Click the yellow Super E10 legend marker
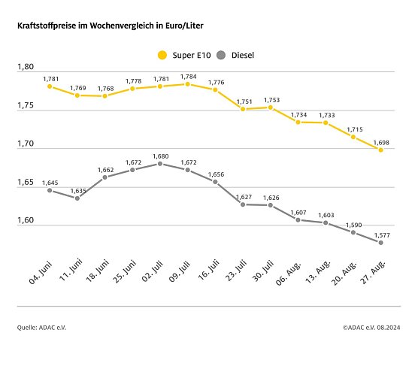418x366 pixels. [x=161, y=54]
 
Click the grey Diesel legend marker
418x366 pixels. [x=221, y=54]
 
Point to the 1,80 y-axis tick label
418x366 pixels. [x=26, y=67]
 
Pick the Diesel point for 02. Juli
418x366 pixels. [x=160, y=163]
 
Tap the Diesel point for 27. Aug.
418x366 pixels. [x=380, y=243]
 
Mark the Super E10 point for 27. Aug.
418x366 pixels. [x=380, y=150]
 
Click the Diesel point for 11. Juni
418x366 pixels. [x=77, y=198]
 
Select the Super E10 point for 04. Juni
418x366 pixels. [x=50, y=86]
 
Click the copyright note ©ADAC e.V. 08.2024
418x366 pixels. [x=371, y=327]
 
